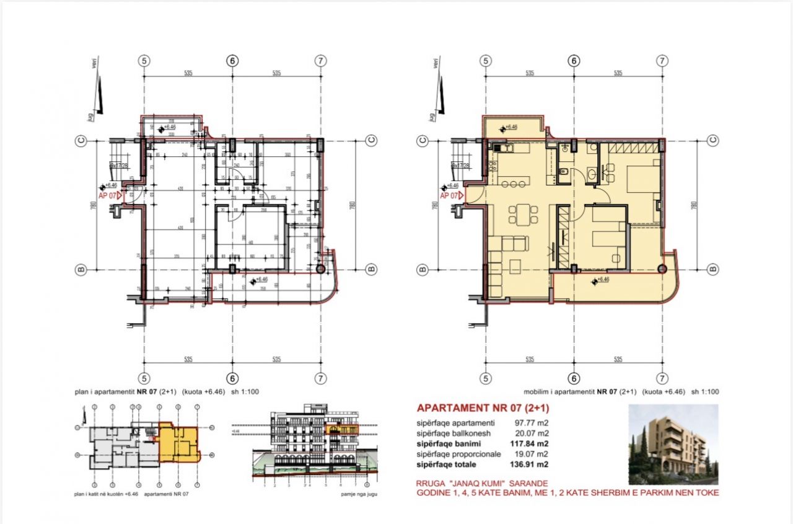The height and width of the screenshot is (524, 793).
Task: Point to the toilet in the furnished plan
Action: coord(565,172)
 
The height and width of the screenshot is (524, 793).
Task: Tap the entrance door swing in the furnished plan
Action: coord(472,195)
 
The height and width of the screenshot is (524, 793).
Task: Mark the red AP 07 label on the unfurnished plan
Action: coord(108,195)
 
